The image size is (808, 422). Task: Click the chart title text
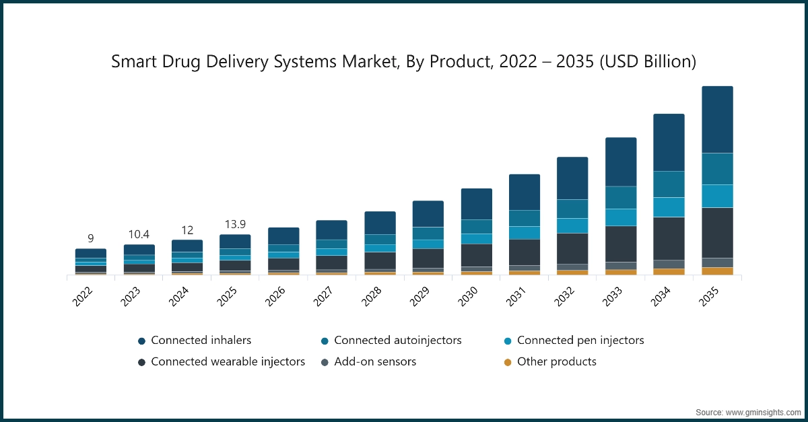403,62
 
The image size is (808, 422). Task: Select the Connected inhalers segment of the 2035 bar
717,120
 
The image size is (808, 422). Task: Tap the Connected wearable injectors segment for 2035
717,233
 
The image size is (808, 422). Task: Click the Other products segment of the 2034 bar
669,272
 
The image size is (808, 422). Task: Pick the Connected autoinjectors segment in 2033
620,197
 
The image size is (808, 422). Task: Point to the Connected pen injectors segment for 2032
572,225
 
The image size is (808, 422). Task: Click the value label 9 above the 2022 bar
90,238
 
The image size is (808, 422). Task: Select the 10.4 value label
139,234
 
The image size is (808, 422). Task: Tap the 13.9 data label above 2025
235,224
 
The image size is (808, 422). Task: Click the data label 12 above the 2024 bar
187,230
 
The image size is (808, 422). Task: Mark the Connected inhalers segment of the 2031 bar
524,192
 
